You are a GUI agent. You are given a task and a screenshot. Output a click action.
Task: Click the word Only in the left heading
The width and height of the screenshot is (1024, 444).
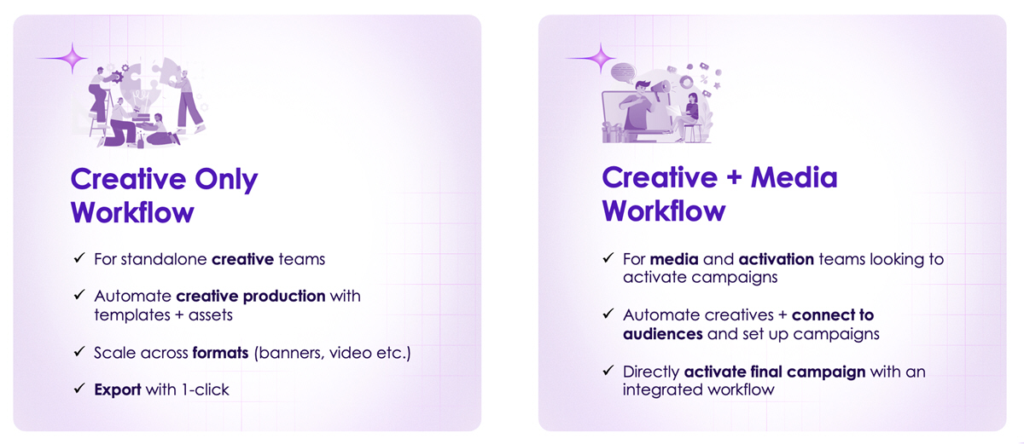coord(226,179)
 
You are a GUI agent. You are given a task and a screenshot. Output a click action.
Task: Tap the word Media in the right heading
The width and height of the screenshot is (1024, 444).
coord(794,177)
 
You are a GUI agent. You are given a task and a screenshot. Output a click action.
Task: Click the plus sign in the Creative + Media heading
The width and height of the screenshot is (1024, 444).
coord(734,177)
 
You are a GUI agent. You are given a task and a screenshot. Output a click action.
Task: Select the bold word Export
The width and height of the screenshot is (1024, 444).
coord(118,389)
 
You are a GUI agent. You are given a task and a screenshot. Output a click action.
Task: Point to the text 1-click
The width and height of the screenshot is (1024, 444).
coord(206,389)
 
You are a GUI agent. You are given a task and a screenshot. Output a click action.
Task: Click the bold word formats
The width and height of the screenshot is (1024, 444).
coord(220,352)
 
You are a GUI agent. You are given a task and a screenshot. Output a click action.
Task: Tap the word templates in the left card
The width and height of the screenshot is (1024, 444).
coord(132,314)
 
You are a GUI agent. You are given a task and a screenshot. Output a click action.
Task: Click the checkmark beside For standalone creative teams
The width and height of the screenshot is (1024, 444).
coord(79,258)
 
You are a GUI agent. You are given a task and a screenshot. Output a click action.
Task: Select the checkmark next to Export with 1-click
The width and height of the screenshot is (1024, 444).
coord(79,389)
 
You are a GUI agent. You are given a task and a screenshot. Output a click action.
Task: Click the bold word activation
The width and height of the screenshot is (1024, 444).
coord(776,259)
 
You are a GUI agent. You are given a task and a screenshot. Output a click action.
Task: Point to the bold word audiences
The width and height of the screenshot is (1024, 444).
coord(662,334)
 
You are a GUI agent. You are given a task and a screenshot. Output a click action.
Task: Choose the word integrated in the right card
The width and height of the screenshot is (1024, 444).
coord(662,390)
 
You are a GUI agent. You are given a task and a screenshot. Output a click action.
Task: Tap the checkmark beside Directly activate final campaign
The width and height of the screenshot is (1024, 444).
coord(608,370)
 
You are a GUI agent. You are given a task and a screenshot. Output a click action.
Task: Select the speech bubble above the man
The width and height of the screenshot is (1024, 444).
coord(624,72)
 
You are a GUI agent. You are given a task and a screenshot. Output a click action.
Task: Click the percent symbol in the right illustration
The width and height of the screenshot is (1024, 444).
coord(704,79)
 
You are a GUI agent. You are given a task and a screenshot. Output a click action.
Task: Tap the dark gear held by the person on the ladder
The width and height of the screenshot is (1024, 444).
coord(117,77)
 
